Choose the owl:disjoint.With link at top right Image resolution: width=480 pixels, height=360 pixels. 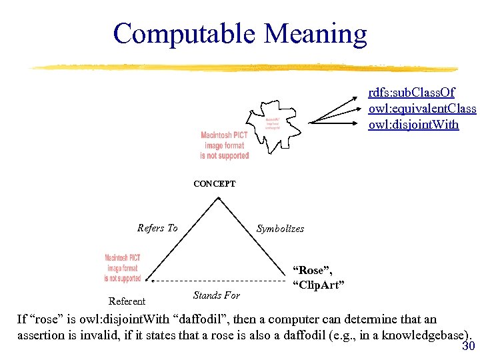413,123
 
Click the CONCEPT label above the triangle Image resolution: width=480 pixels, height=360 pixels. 214,183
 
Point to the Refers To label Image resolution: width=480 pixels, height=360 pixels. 157,228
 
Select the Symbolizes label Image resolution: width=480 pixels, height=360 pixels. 280,229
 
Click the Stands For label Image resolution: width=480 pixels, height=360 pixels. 216,295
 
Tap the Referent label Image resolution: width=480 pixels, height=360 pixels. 127,301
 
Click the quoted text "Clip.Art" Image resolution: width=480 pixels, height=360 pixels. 318,285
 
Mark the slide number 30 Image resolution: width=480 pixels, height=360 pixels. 467,347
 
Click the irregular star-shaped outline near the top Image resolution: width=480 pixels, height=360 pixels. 270,120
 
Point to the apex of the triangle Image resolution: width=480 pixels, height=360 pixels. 215,198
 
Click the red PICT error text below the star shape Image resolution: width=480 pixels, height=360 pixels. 225,145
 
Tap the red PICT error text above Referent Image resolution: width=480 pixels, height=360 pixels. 123,268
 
